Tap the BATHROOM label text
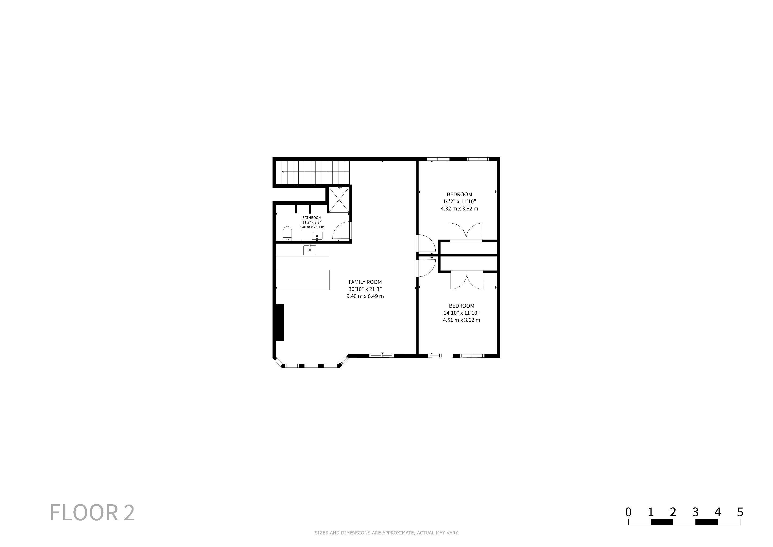tap(312, 218)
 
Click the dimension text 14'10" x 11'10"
tap(461, 313)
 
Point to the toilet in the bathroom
tap(287, 234)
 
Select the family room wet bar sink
tap(309, 250)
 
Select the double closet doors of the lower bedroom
tap(467, 280)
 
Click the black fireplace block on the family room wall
tap(280, 323)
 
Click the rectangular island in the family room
tap(303, 280)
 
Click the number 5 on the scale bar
tap(740, 512)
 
